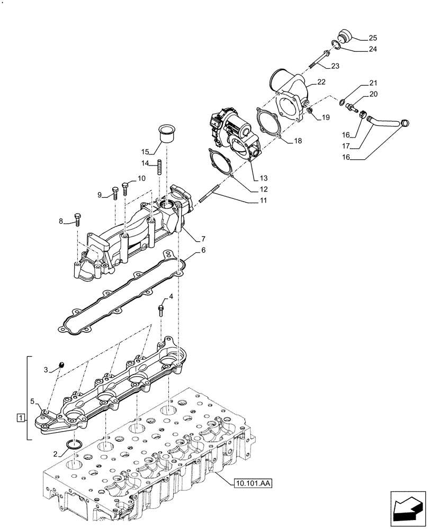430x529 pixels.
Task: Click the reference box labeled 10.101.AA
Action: point(252,483)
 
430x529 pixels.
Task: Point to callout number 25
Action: point(373,38)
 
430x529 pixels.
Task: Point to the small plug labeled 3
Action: point(61,364)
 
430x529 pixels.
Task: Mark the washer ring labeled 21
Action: point(344,102)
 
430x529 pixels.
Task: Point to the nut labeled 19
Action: point(311,111)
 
